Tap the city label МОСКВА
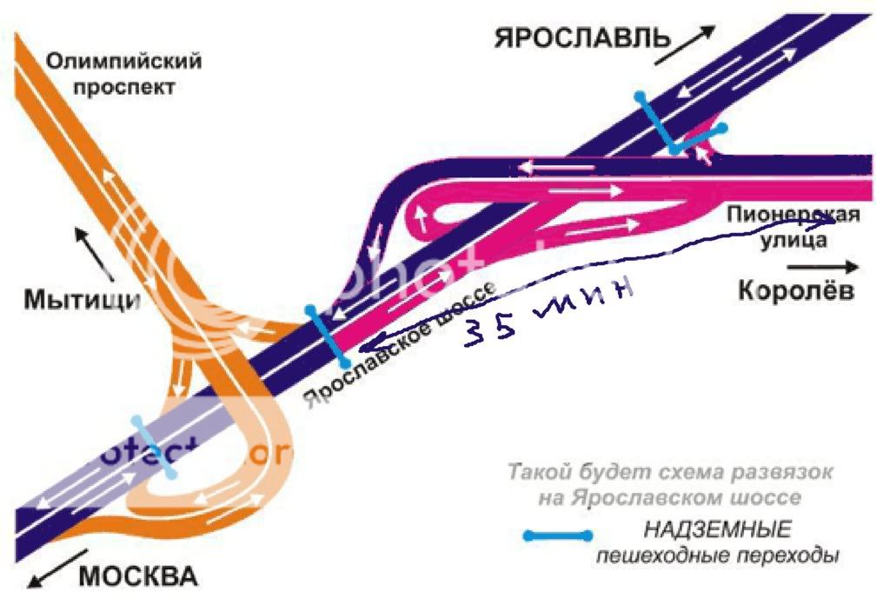[x=139, y=575]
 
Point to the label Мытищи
[x=82, y=301]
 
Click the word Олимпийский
[x=124, y=62]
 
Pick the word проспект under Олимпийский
[x=124, y=87]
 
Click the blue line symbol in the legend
[x=557, y=535]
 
